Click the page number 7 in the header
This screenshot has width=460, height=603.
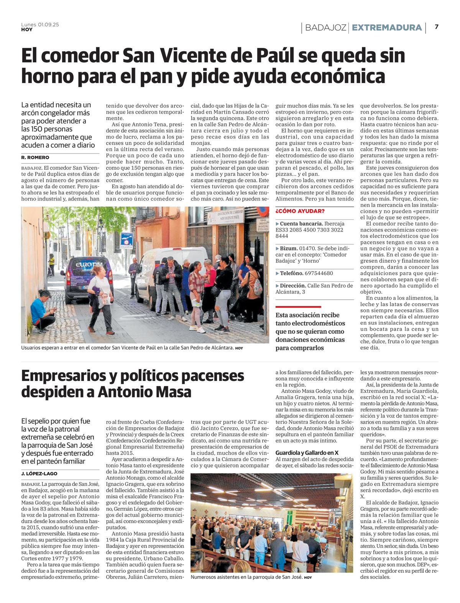pyautogui.click(x=437, y=27)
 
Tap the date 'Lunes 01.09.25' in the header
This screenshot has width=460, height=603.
pyautogui.click(x=40, y=25)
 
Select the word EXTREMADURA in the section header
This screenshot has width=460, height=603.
pyautogui.click(x=386, y=28)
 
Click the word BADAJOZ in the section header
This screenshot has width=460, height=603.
pyautogui.click(x=326, y=28)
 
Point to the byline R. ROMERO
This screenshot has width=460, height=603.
pyautogui.click(x=35, y=157)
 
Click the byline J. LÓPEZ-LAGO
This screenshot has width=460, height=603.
pyautogui.click(x=39, y=474)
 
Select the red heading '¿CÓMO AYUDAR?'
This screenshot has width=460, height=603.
pyautogui.click(x=300, y=211)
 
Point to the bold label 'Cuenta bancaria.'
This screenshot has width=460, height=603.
pyautogui.click(x=301, y=224)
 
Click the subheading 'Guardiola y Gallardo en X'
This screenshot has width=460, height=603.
pyautogui.click(x=307, y=453)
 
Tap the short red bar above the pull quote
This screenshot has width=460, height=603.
pyautogui.click(x=298, y=307)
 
